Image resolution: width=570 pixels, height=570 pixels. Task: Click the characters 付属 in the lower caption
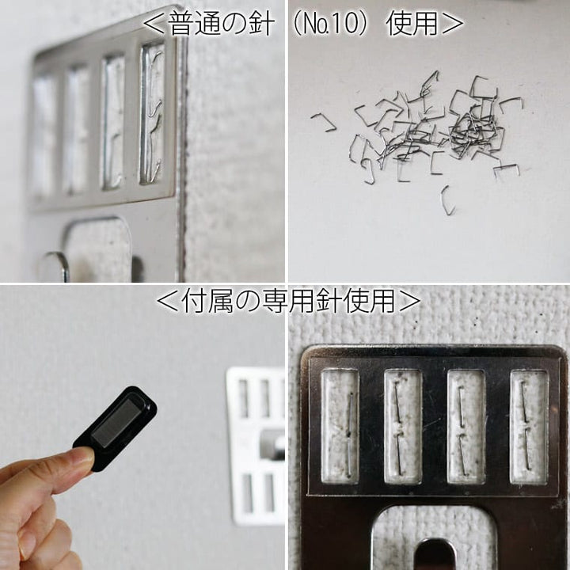point(207,301)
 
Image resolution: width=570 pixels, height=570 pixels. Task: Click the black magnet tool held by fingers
point(116,428)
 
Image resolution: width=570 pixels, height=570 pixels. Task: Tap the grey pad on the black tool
point(116,424)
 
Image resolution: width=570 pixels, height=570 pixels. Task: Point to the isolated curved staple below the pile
point(447,200)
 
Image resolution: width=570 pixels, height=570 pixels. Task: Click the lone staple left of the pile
point(324,122)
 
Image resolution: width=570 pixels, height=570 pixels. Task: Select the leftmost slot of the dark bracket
point(340,427)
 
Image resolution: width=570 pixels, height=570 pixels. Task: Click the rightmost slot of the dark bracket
point(529,427)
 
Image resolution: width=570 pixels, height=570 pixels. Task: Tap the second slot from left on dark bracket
point(403,427)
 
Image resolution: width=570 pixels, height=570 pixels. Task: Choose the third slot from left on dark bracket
point(466,427)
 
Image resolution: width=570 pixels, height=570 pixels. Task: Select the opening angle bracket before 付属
point(168,302)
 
